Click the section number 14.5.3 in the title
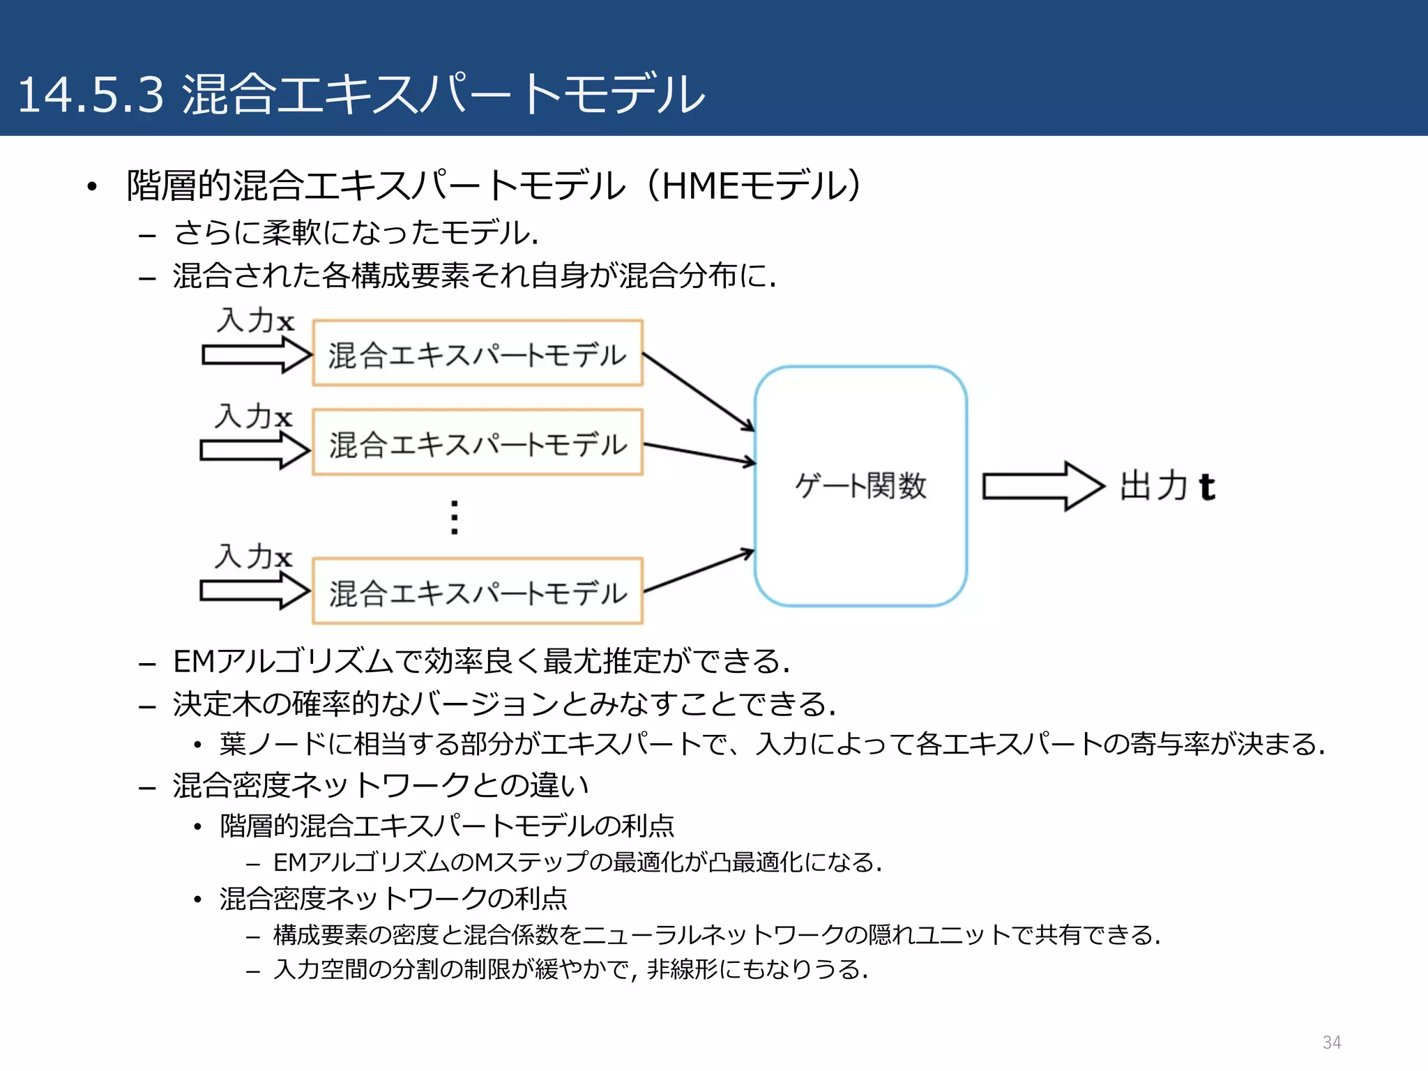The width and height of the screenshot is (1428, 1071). (x=91, y=95)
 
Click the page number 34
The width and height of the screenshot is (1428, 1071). (x=1332, y=1042)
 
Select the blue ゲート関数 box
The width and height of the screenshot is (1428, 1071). (x=860, y=486)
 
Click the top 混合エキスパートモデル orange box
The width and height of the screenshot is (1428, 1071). (x=478, y=354)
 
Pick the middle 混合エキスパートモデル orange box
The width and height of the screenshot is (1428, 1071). (x=478, y=443)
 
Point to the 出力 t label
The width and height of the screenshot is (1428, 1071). (x=1167, y=486)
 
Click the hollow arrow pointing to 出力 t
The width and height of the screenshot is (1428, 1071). (x=1043, y=486)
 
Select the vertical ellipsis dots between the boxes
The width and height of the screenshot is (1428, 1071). (x=455, y=517)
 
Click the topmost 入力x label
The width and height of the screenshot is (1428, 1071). (x=255, y=321)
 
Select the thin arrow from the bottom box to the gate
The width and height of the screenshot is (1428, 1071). (x=697, y=571)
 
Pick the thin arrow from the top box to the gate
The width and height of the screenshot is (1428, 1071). (x=697, y=391)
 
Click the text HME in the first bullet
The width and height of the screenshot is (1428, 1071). (x=697, y=185)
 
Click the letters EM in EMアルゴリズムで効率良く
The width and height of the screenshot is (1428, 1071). (x=195, y=661)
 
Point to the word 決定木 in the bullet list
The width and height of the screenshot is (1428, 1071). (x=216, y=704)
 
